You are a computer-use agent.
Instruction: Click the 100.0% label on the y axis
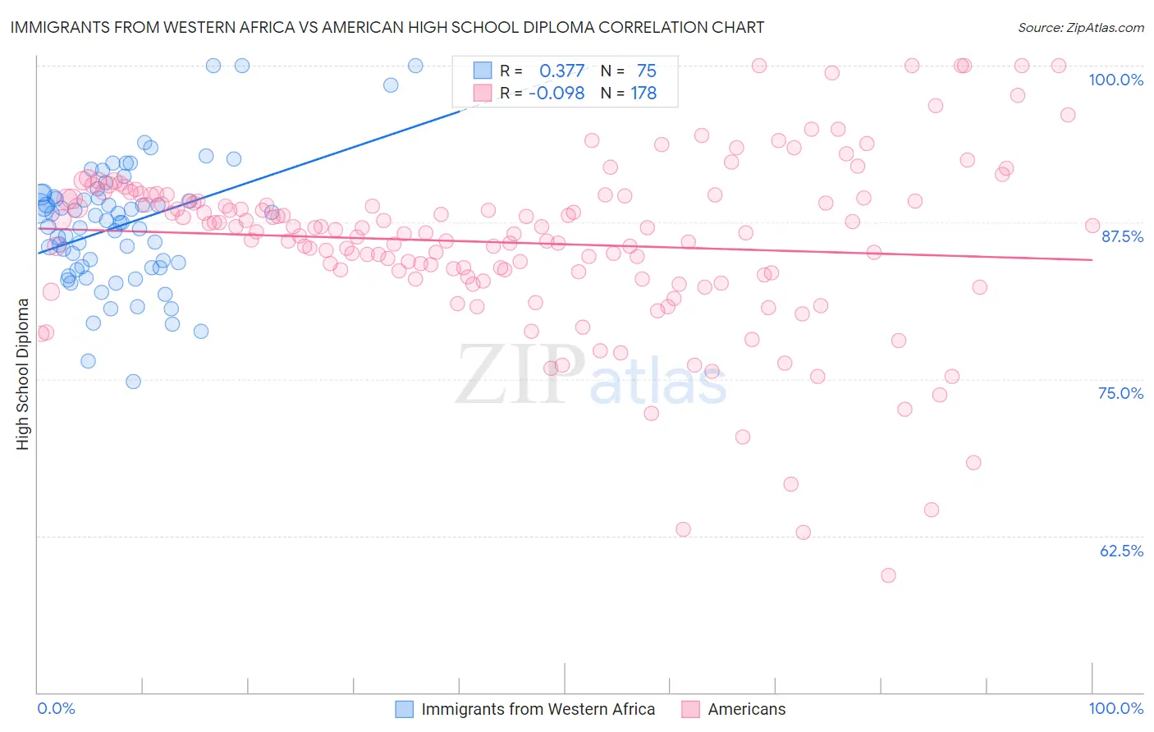click(1115, 80)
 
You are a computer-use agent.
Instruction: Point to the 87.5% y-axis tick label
click(1121, 236)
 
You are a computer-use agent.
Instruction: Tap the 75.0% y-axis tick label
click(1120, 393)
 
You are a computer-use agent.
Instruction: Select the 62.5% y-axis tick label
click(1121, 551)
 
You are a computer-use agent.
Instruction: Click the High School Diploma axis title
click(23, 373)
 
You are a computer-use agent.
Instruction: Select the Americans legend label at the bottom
click(746, 710)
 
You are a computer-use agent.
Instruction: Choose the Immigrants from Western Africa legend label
click(538, 710)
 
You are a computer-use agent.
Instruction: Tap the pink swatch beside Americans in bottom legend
click(690, 710)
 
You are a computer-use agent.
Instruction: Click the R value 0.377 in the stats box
click(561, 71)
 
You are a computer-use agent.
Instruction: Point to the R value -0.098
click(556, 94)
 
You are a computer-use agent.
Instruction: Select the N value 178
click(643, 94)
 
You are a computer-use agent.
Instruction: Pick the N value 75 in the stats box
click(646, 71)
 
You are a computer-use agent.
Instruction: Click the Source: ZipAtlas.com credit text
click(1080, 28)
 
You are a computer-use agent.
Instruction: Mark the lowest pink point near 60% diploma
click(888, 575)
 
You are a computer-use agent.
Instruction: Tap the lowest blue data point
click(133, 382)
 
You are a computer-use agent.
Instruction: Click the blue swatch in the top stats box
click(482, 71)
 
